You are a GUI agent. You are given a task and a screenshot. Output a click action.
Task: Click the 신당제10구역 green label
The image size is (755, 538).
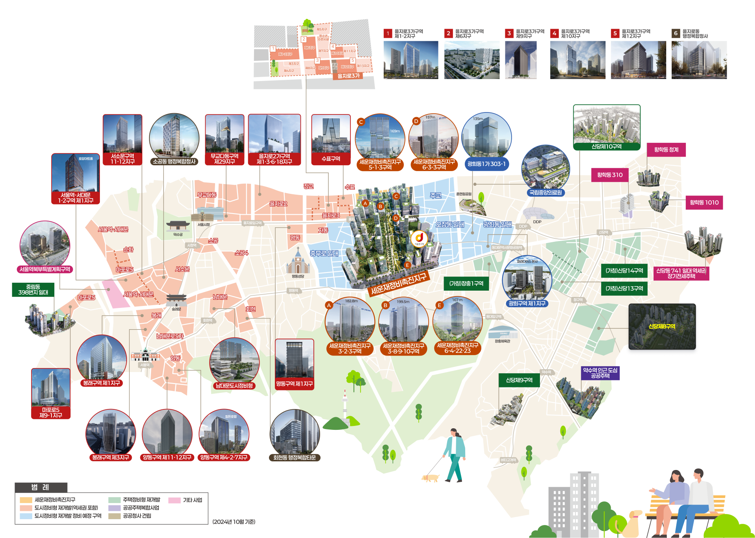(606, 147)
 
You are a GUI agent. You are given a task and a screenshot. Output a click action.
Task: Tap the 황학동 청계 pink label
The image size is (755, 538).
(666, 150)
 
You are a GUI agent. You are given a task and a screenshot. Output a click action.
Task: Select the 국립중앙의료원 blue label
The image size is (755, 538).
(545, 193)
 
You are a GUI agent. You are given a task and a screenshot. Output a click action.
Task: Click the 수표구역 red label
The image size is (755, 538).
(331, 159)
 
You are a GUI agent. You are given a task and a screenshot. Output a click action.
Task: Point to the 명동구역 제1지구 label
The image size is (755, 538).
(294, 384)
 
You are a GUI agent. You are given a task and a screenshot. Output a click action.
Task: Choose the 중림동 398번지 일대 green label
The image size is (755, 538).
(33, 290)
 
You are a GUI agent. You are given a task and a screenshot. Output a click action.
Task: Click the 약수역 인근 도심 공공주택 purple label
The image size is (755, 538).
(600, 373)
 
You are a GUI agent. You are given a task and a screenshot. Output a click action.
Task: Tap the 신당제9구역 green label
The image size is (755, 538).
(519, 380)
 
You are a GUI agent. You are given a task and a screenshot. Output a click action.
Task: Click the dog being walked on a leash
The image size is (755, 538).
(431, 478)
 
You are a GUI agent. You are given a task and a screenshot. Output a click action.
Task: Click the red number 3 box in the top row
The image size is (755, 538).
(509, 33)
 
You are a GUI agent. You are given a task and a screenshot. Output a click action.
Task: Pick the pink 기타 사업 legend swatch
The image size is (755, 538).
(174, 500)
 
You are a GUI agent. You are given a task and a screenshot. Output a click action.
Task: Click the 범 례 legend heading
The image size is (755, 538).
(41, 488)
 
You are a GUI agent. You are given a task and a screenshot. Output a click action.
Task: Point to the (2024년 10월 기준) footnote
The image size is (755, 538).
(234, 522)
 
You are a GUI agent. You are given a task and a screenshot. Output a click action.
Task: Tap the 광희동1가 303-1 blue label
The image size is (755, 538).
(486, 164)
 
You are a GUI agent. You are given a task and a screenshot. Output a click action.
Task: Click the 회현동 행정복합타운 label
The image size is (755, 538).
(295, 458)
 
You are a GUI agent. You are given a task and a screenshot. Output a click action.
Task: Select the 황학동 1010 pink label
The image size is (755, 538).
(704, 203)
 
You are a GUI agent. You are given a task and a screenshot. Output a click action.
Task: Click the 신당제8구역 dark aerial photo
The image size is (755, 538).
(662, 326)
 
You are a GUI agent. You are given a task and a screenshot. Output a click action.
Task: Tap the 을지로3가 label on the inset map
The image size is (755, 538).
(348, 76)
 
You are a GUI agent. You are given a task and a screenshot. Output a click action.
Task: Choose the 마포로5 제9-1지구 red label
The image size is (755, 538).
(51, 413)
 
